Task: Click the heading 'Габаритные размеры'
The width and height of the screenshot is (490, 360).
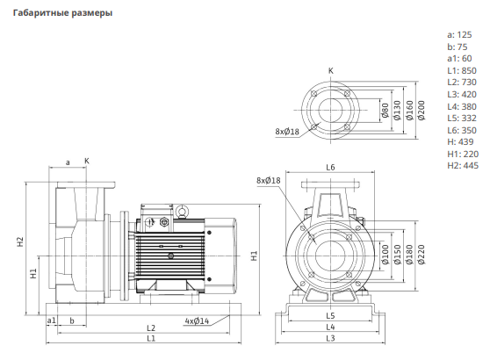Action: (62, 13)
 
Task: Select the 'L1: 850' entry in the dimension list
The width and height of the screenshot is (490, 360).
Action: (462, 70)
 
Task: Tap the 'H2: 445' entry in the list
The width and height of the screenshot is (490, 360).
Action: (463, 165)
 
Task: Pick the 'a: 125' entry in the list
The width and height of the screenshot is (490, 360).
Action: (459, 35)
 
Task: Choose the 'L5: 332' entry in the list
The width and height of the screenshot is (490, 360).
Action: (462, 119)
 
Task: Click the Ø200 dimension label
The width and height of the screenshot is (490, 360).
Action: (422, 111)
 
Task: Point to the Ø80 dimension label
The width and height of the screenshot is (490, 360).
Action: (385, 111)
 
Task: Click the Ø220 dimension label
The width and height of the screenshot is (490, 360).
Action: (422, 255)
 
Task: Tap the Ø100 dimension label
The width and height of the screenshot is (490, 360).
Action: (385, 255)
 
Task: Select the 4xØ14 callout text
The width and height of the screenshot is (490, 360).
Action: (197, 321)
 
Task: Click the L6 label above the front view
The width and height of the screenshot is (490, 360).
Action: (330, 168)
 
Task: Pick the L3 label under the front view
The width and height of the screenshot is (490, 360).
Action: (330, 338)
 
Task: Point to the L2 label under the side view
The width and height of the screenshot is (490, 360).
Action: (151, 328)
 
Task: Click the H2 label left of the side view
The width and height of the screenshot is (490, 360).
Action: (20, 241)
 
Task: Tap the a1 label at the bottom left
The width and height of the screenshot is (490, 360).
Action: (51, 320)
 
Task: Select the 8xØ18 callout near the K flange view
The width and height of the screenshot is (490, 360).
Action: (287, 132)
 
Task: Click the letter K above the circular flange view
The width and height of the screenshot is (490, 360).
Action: (331, 71)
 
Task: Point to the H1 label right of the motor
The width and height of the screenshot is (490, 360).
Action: (255, 256)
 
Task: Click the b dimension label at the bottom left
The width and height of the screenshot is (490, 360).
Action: (72, 320)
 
